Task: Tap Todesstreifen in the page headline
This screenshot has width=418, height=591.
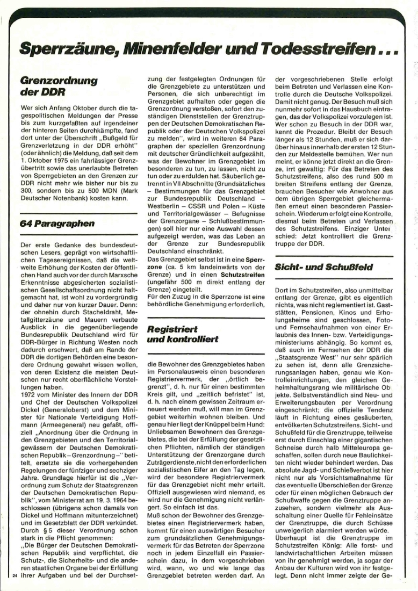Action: (x=314, y=50)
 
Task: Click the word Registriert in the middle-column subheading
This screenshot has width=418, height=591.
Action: (x=172, y=328)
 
